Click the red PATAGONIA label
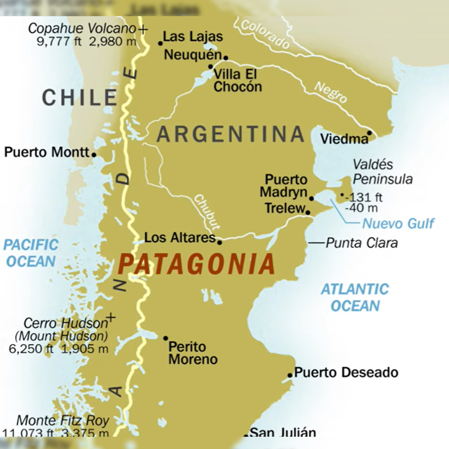coord(196,264)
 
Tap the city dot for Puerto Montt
coord(94,155)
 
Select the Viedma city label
coord(344,139)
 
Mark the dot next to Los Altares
coord(219,242)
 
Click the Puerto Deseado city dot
coord(290,375)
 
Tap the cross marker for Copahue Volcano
coord(143,29)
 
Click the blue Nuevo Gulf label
coord(398,224)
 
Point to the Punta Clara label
coord(362,243)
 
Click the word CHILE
coord(80,98)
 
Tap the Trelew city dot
coord(308,213)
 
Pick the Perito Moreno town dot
coord(166,338)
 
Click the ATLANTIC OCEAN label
coord(355,298)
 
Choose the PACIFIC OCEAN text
coord(31,253)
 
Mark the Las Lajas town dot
coord(160,43)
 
